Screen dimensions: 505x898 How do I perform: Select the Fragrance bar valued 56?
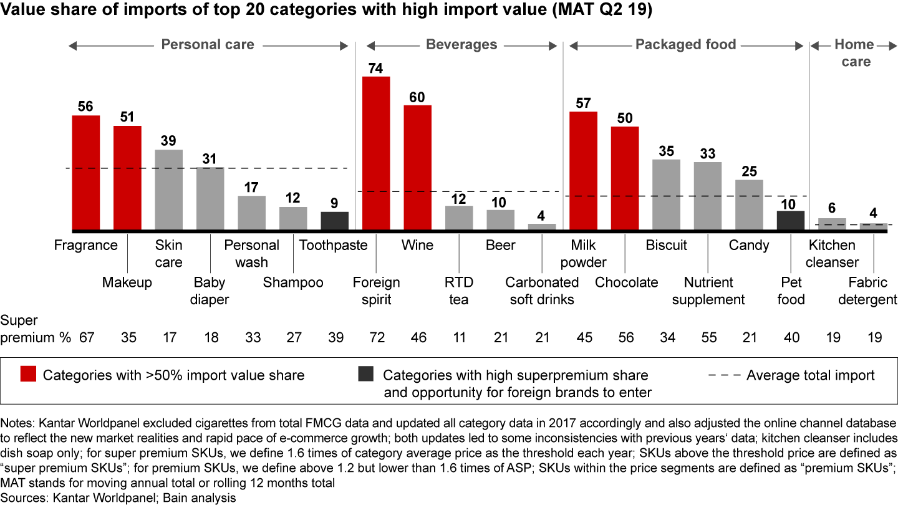coord(86,173)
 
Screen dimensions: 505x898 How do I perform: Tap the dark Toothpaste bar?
coord(335,221)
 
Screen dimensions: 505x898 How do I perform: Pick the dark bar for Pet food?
coord(791,220)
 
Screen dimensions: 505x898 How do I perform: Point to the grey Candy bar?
coord(749,205)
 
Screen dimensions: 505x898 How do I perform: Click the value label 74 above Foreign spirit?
coord(376,68)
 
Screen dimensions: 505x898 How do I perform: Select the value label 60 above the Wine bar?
coord(417,97)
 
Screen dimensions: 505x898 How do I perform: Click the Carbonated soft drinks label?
coord(541,291)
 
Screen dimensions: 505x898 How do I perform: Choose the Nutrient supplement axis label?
coord(708,291)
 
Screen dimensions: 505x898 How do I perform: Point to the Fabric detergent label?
coord(867,291)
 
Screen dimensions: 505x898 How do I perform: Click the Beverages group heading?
coord(461,44)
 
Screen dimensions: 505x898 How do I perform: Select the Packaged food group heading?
coord(685,44)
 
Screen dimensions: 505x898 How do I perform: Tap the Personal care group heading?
coord(208,44)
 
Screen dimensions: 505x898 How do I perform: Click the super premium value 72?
coord(376,337)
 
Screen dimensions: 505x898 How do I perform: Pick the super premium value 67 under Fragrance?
coord(86,337)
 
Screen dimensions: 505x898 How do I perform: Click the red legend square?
coord(28,375)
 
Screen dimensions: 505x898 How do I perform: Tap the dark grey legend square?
coord(366,375)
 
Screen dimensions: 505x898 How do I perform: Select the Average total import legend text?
coord(810,375)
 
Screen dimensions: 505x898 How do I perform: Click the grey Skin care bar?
coord(168,190)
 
